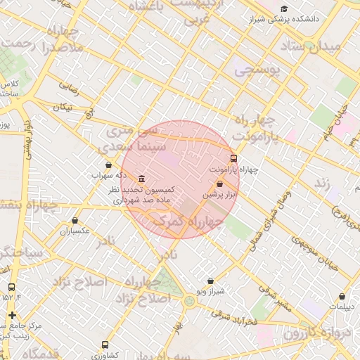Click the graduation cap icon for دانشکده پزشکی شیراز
click(x=284, y=9)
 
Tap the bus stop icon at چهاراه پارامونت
click(x=234, y=158)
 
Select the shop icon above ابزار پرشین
click(x=220, y=184)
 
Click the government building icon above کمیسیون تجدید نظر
click(x=142, y=178)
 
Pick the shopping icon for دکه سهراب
click(x=108, y=165)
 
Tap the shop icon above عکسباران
click(x=75, y=220)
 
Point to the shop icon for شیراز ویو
click(x=210, y=281)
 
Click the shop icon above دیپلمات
click(x=342, y=297)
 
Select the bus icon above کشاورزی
click(x=105, y=345)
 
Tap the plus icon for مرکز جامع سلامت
click(x=12, y=315)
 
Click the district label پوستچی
click(x=257, y=70)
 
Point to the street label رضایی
click(x=68, y=87)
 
